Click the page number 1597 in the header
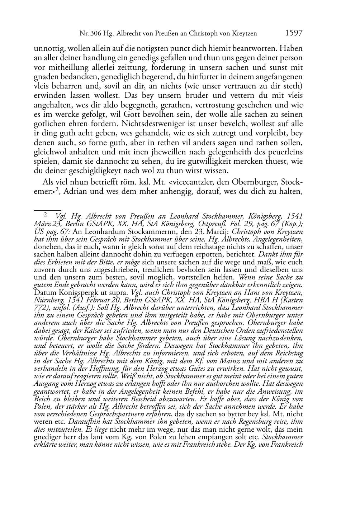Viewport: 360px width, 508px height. click(294, 33)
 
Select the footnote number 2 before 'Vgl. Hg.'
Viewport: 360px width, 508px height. click(46, 215)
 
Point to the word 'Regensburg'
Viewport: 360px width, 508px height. click(254, 422)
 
